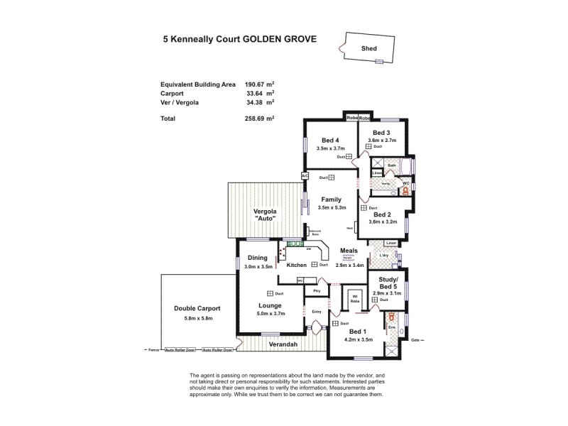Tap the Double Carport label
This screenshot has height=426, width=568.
click(x=197, y=309)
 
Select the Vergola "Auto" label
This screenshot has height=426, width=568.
click(x=264, y=215)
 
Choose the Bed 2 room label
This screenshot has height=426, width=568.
click(x=381, y=214)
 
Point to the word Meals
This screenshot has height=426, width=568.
click(x=349, y=250)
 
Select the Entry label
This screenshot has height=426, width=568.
click(x=316, y=312)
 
